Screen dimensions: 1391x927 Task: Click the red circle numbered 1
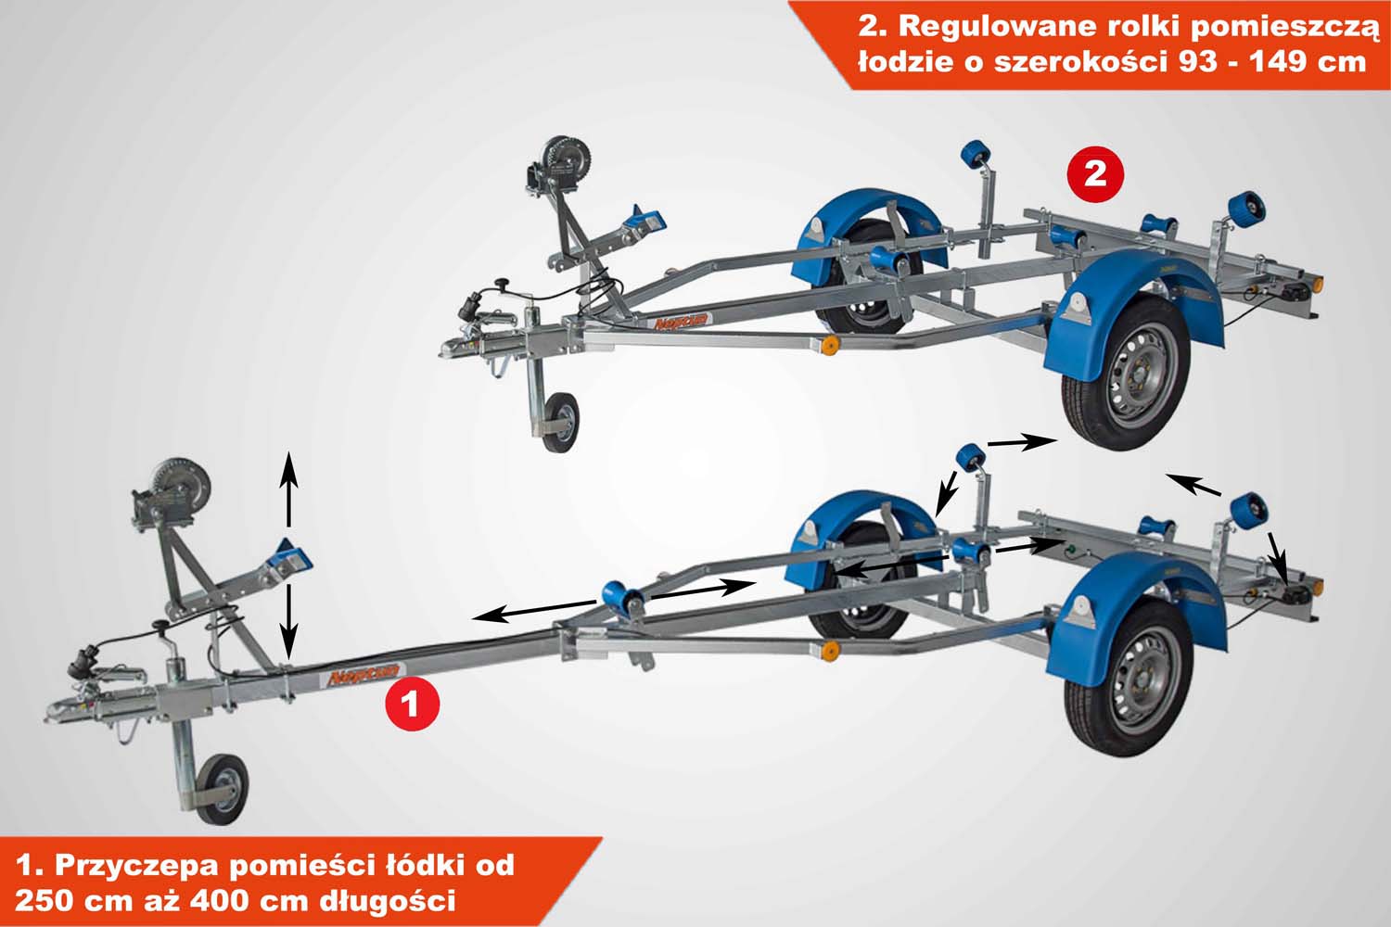(413, 705)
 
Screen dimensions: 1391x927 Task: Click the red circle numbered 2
(1095, 174)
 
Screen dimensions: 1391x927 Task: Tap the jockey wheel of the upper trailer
(559, 422)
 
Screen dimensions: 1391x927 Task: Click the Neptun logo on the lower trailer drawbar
(364, 674)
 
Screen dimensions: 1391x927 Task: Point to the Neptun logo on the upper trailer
(682, 322)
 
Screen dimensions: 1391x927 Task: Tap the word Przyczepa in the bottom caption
(142, 864)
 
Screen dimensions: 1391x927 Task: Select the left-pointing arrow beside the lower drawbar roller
(535, 611)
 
